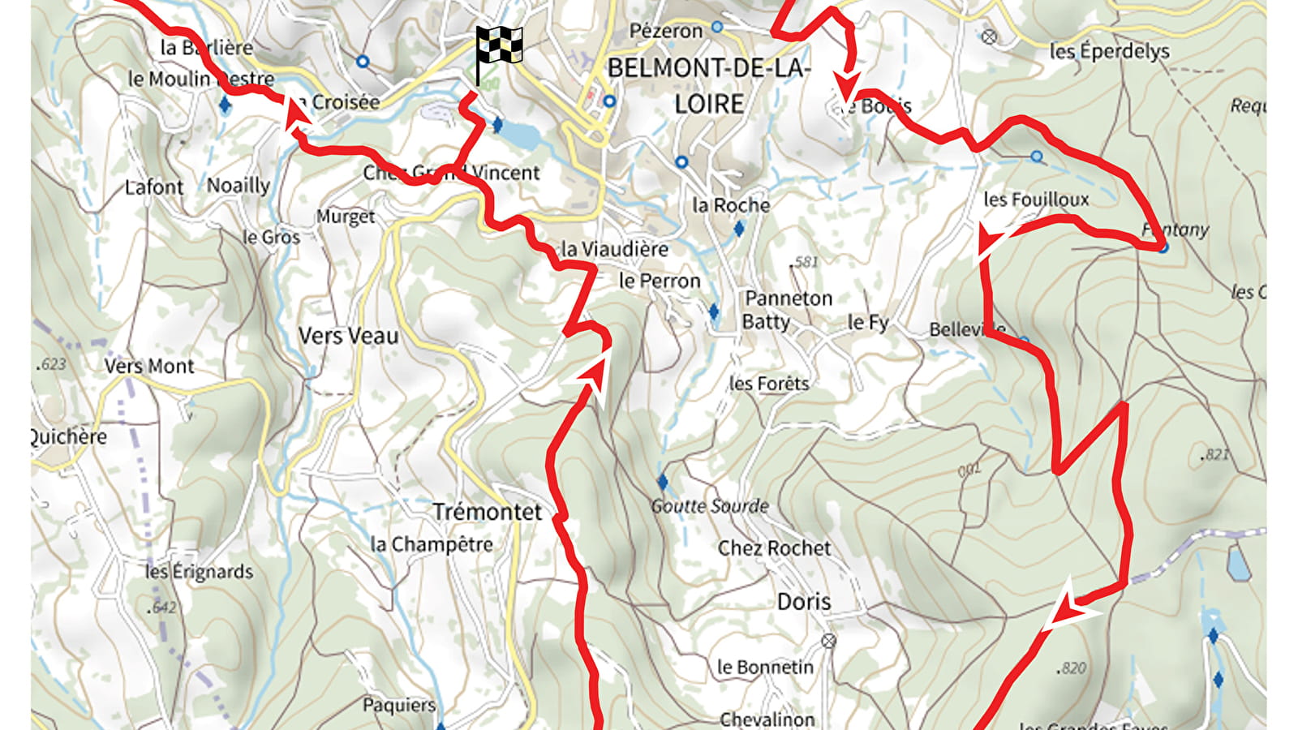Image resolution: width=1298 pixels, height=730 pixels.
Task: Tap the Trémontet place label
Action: [487, 512]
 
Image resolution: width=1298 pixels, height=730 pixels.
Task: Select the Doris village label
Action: [804, 602]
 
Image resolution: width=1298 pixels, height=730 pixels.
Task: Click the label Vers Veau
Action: [348, 336]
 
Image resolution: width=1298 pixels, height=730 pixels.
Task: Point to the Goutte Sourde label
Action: [710, 506]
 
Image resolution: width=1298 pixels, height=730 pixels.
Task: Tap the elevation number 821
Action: [1215, 455]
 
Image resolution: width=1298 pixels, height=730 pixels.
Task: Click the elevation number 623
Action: [51, 364]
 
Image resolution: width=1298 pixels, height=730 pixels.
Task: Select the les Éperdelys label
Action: [1109, 51]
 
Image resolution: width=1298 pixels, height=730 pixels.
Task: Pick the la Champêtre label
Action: [432, 544]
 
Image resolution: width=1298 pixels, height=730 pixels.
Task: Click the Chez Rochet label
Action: [774, 548]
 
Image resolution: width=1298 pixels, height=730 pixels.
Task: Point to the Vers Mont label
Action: [149, 367]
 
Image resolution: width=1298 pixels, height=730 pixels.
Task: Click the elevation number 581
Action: [804, 262]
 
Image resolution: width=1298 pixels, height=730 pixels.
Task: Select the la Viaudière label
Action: [615, 250]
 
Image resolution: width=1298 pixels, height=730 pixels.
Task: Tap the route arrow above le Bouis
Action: [848, 81]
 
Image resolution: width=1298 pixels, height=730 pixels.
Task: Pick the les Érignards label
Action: [200, 572]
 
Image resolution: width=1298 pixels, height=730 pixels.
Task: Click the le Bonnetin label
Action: [765, 668]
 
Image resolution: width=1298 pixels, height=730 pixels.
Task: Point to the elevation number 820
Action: [1072, 668]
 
